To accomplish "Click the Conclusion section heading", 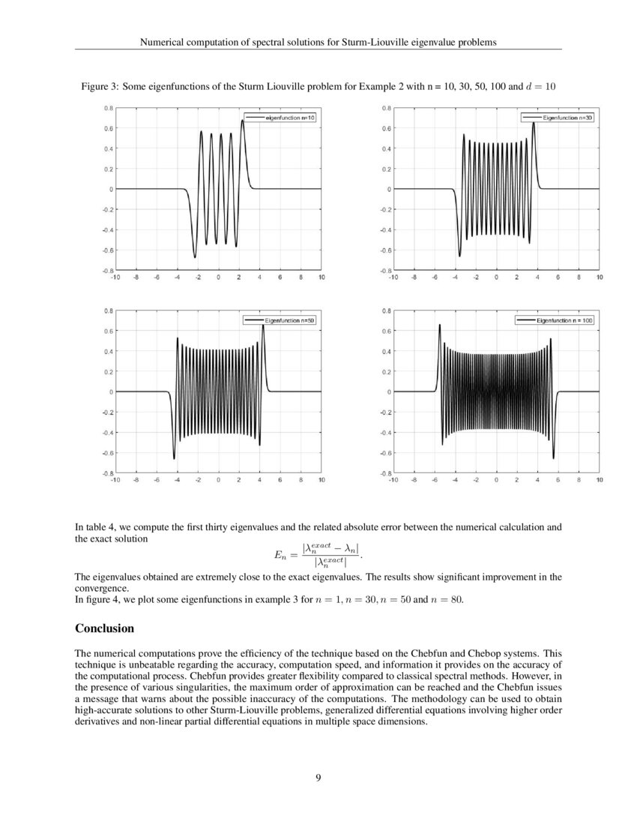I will coord(105,627).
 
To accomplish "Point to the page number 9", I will coord(318,777).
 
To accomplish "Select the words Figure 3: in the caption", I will coord(99,87).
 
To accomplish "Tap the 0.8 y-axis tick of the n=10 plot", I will coord(109,108).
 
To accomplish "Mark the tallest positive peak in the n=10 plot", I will coord(243,120).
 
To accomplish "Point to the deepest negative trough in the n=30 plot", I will coord(460,256).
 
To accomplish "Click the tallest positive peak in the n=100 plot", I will coord(439,325).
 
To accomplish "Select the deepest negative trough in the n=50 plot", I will coord(174,458).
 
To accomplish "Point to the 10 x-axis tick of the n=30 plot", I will coord(600,277).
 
